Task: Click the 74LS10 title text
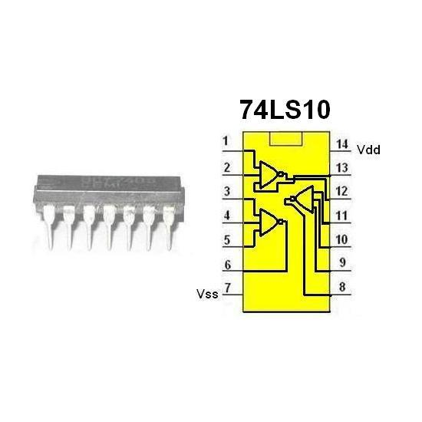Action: pyautogui.click(x=285, y=110)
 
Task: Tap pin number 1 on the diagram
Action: pyautogui.click(x=226, y=142)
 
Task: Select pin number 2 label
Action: pyautogui.click(x=226, y=166)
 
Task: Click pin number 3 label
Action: pyautogui.click(x=226, y=191)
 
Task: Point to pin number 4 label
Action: pyautogui.click(x=226, y=216)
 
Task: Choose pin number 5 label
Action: pyautogui.click(x=226, y=241)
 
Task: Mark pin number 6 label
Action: pyautogui.click(x=226, y=265)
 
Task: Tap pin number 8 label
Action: pyautogui.click(x=341, y=289)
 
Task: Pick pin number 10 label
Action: pyautogui.click(x=342, y=240)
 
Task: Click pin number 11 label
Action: pyautogui.click(x=342, y=216)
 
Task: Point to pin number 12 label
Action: pyautogui.click(x=342, y=191)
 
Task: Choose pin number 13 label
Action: pyautogui.click(x=342, y=166)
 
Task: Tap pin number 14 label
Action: pyautogui.click(x=342, y=143)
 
